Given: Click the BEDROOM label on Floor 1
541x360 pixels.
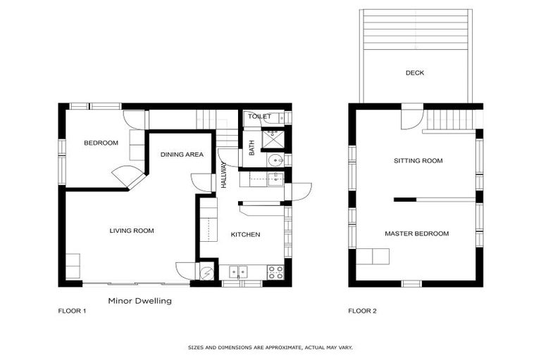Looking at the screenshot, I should tap(101, 143).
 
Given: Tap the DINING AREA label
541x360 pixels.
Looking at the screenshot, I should tap(182, 155).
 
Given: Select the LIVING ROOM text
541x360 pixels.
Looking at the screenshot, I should tap(131, 231).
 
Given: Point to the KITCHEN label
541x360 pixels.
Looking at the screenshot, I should tap(246, 235).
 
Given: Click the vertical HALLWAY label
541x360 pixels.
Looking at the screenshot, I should tap(224, 174).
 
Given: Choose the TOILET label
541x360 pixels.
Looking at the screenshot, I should tap(260, 117).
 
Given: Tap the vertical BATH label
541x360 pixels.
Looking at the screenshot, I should tap(251, 149).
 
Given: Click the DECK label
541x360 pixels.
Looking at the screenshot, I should tap(415, 72).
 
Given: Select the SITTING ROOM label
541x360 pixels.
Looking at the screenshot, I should tap(418, 161).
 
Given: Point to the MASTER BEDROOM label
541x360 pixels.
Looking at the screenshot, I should tap(416, 233).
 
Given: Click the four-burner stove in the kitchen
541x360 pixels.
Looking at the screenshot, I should tap(275, 272).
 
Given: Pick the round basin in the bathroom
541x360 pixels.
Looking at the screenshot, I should tap(273, 160).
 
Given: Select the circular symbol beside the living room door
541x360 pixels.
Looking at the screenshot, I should tap(207, 274).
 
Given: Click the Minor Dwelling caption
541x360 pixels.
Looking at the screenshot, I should tap(139, 300).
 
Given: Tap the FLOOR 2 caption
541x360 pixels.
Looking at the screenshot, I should tap(362, 311).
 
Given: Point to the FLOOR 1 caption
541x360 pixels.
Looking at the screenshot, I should tap(72, 311).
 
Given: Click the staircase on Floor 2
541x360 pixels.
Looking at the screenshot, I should tap(451, 120).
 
